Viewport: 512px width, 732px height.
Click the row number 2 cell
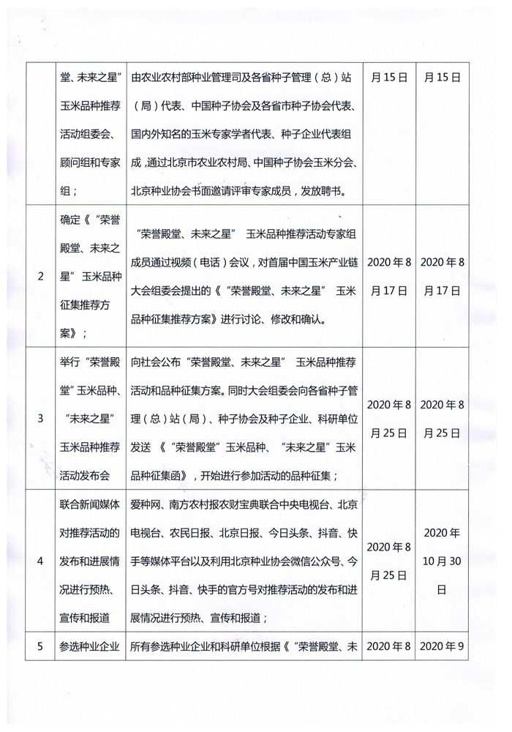pyautogui.click(x=40, y=277)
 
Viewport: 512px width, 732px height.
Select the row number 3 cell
pyautogui.click(x=40, y=418)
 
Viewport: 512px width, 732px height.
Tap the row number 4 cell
pyautogui.click(x=40, y=561)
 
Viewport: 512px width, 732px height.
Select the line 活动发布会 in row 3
pyautogui.click(x=90, y=475)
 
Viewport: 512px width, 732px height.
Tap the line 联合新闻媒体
pyautogui.click(x=90, y=505)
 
